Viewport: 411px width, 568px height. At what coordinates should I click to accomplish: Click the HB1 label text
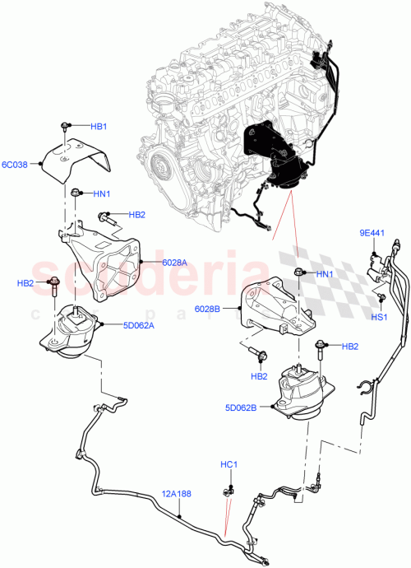pos(99,126)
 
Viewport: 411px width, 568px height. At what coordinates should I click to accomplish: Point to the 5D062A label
pos(164,324)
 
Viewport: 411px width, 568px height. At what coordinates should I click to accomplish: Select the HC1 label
pos(229,464)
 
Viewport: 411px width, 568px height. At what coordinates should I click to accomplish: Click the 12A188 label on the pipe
pos(176,494)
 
